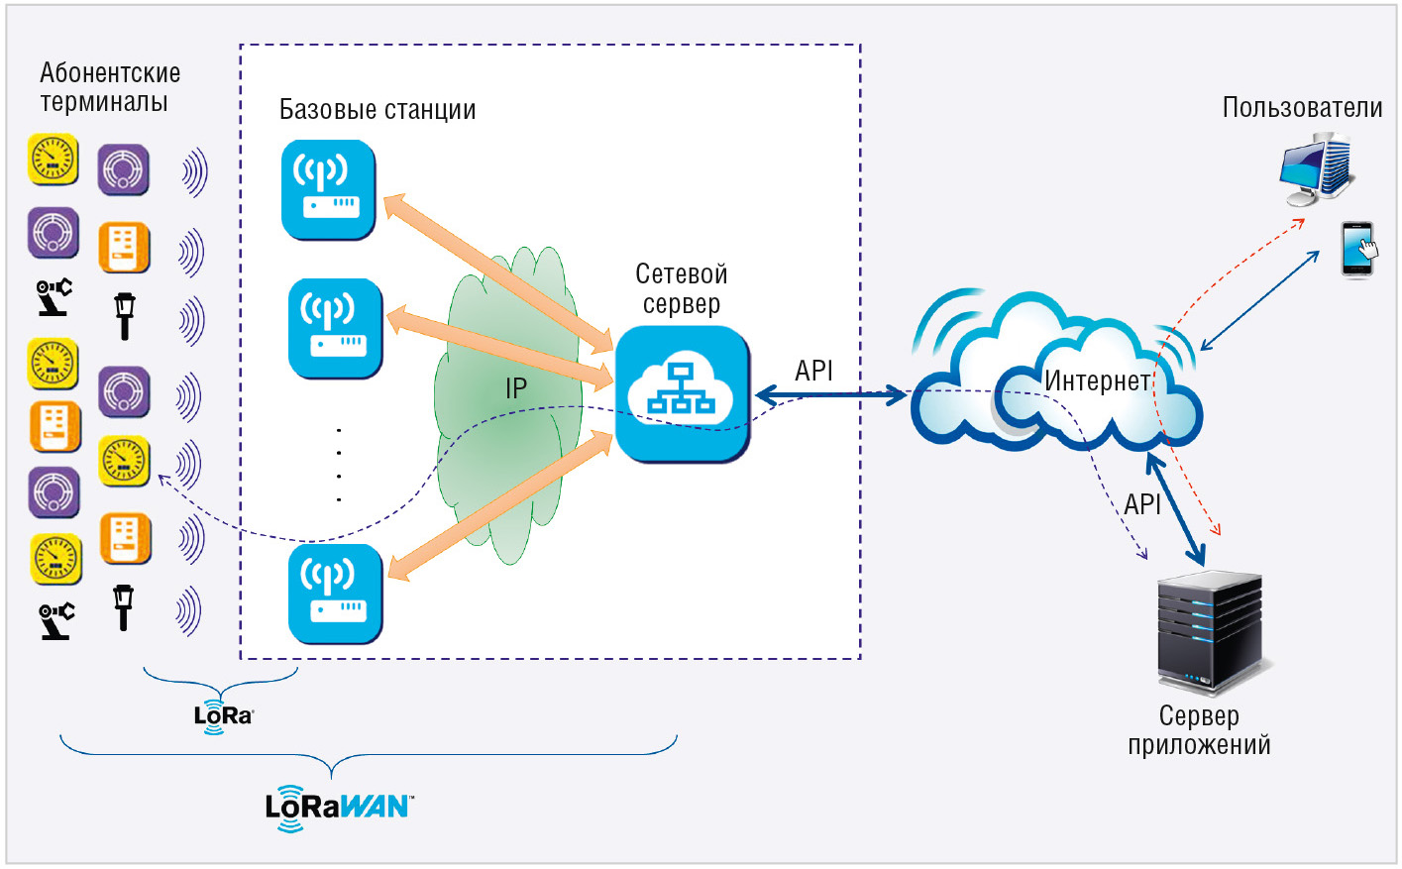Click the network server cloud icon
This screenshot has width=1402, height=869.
pyautogui.click(x=683, y=393)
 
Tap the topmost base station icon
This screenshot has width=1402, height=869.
pyautogui.click(x=329, y=189)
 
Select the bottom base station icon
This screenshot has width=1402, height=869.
pyautogui.click(x=336, y=594)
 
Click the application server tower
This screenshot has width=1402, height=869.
pyautogui.click(x=1210, y=632)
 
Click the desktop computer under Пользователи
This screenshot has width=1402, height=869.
pyautogui.click(x=1316, y=169)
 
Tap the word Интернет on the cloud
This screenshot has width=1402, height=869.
pyautogui.click(x=1097, y=380)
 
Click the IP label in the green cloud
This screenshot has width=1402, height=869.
pyautogui.click(x=516, y=388)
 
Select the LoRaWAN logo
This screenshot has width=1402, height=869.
pyautogui.click(x=339, y=808)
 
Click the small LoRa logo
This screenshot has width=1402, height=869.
pyautogui.click(x=224, y=715)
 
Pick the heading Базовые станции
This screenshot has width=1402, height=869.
pyautogui.click(x=377, y=110)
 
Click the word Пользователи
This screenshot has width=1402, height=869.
pyautogui.click(x=1303, y=108)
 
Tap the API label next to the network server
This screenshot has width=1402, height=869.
pyautogui.click(x=813, y=371)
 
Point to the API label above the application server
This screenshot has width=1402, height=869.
pyautogui.click(x=1142, y=504)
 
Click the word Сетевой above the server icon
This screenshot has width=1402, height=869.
pyautogui.click(x=682, y=274)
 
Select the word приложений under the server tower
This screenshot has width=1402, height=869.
pyautogui.click(x=1199, y=745)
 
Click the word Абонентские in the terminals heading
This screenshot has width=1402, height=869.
pyautogui.click(x=110, y=73)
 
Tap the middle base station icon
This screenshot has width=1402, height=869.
pyautogui.click(x=336, y=328)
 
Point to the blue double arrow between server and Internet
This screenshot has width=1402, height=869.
pyautogui.click(x=830, y=395)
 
